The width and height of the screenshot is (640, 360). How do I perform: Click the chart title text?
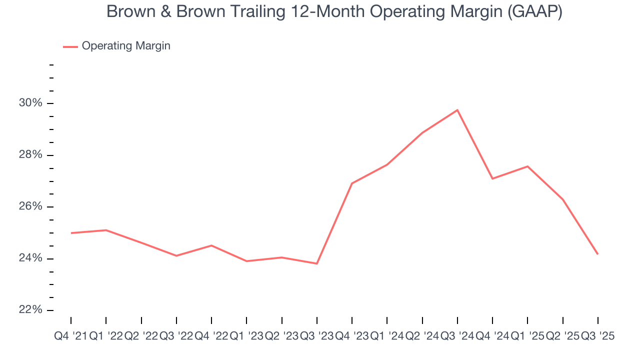coord(334,12)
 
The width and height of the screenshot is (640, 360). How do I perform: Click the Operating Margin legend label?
coord(126,46)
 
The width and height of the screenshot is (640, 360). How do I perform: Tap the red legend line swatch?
coord(70,46)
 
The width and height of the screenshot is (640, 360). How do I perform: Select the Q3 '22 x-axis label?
coord(176,336)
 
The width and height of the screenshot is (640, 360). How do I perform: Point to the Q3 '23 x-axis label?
coord(316,336)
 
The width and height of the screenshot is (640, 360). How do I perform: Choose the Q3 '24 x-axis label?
coord(457,336)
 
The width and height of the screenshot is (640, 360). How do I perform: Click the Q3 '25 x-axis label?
coord(597,336)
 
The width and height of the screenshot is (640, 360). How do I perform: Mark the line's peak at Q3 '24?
coord(457,110)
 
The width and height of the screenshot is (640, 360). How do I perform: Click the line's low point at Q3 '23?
coord(317,263)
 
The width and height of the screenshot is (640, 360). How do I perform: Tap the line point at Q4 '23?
coord(352,183)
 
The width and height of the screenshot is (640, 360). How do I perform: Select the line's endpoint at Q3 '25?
coord(598,254)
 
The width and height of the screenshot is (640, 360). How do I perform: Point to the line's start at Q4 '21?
coord(71,233)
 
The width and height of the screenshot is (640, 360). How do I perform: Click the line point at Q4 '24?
coord(492,178)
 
